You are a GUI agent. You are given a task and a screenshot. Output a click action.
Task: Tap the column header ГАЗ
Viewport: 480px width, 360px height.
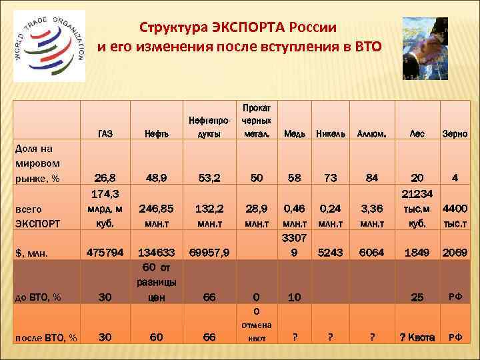click(105, 134)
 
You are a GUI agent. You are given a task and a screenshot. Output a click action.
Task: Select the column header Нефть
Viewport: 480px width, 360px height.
click(155, 134)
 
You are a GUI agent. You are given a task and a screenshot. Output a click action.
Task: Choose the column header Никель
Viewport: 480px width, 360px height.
click(330, 134)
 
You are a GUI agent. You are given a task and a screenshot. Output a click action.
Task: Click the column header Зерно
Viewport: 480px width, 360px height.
click(455, 134)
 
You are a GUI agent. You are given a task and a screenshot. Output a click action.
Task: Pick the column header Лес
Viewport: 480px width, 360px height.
click(417, 134)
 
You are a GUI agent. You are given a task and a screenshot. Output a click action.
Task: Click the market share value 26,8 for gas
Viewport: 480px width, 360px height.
click(105, 178)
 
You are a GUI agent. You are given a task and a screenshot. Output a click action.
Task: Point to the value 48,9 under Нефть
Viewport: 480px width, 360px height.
click(155, 178)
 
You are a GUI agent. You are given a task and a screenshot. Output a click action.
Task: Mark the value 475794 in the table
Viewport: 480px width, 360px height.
click(105, 253)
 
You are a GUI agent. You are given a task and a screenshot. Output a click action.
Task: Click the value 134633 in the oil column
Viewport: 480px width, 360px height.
click(155, 253)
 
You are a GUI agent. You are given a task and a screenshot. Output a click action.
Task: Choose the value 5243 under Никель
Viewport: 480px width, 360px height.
click(330, 253)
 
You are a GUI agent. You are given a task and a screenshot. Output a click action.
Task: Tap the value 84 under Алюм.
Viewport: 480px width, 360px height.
click(371, 178)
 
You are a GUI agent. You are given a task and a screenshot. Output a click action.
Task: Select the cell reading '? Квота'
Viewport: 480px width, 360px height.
click(417, 337)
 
